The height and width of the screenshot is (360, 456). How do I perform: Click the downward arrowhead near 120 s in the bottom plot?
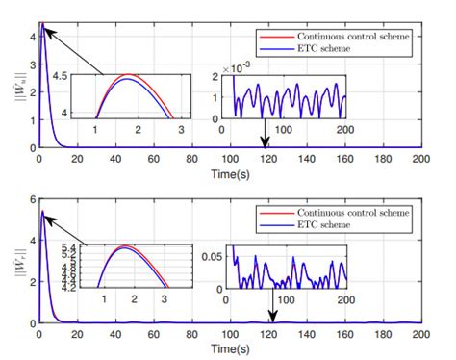(272, 320)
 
